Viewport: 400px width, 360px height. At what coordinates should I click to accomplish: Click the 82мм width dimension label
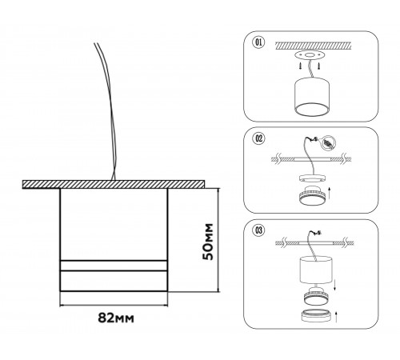click(x=116, y=318)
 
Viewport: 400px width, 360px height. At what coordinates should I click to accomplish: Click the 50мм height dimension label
click(x=208, y=242)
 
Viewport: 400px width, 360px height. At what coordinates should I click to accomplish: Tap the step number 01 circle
click(x=258, y=42)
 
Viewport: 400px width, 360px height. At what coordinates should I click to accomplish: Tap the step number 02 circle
click(x=258, y=138)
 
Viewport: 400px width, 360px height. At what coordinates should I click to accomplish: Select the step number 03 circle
click(x=258, y=230)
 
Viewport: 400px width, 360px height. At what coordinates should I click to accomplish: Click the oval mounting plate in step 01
click(x=310, y=55)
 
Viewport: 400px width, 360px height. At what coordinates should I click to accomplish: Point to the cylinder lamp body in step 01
click(x=311, y=96)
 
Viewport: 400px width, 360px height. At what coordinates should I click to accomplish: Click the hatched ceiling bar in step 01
click(x=313, y=46)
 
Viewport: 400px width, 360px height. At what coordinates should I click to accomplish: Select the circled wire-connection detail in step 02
click(x=329, y=143)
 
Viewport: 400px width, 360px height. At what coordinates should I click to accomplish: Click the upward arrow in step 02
click(x=330, y=193)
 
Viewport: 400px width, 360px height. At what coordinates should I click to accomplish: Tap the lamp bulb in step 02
click(x=312, y=195)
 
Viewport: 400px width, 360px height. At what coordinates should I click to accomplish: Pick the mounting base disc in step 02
click(x=312, y=178)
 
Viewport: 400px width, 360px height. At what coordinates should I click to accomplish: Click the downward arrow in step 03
click(x=335, y=285)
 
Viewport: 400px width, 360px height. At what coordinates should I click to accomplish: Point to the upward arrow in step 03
click(x=335, y=316)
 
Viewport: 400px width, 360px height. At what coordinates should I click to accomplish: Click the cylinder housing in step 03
click(x=316, y=270)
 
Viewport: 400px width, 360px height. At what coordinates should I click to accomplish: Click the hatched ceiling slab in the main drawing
click(x=114, y=184)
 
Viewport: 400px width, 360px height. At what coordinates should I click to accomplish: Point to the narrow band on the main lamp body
click(x=114, y=266)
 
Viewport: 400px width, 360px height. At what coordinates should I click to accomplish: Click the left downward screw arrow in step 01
click(x=301, y=66)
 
